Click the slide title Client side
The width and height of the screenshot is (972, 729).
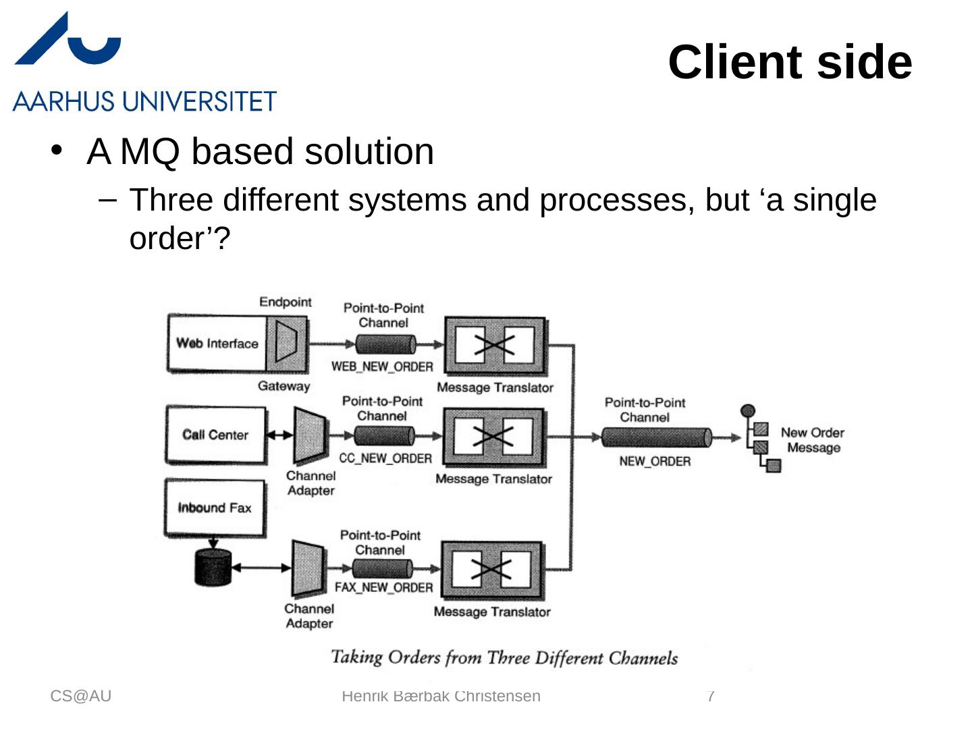coord(790,62)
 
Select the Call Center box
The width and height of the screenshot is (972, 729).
coord(215,435)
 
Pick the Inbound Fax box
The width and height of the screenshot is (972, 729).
coord(215,508)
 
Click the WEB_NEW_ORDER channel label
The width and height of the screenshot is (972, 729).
coord(382,367)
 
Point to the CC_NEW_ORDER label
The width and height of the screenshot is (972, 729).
coord(385,458)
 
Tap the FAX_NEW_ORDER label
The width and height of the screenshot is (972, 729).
coord(383,587)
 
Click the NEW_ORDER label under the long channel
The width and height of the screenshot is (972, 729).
coord(655,462)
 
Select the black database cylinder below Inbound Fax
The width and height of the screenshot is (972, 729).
coord(213,567)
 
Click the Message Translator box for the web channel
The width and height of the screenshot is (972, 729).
coord(495,345)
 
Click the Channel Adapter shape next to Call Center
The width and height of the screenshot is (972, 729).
coord(310,435)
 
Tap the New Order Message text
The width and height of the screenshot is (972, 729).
coord(813,440)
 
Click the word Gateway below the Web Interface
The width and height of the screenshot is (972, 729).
coord(283,386)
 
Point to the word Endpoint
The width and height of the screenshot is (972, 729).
coord(286,302)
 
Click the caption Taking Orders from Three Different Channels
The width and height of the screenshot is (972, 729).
coord(504,657)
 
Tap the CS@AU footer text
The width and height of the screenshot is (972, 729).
coord(81,696)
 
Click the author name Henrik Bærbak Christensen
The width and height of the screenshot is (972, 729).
coord(441,696)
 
